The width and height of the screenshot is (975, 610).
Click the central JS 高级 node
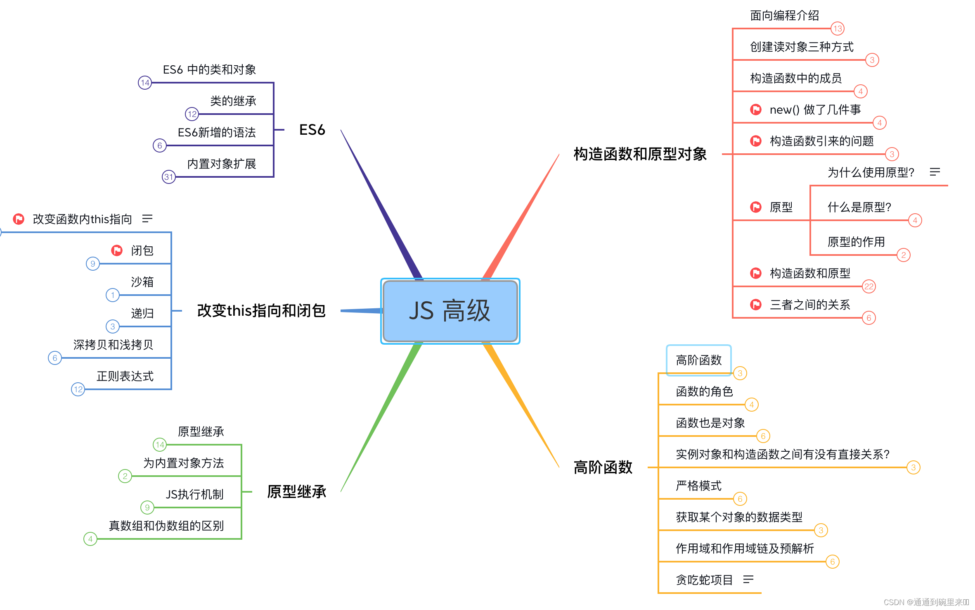pos(450,311)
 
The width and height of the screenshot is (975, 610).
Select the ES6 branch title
pos(312,130)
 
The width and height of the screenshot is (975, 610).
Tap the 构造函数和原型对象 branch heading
pos(640,154)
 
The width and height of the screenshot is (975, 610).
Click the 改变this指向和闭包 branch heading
pos(261,311)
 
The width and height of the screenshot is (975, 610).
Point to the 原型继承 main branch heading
pos(296,492)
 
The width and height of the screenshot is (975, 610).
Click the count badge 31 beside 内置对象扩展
pos(168,177)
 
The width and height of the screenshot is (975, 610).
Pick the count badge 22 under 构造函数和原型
pos(869,286)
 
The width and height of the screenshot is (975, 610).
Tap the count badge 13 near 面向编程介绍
pos(838,29)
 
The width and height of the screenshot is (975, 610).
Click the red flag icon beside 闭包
pos(117,250)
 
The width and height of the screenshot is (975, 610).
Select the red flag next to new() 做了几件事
pos(756,110)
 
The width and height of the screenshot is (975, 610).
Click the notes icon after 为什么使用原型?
pos(935,172)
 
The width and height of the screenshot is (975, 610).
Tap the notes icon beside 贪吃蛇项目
pos(748,579)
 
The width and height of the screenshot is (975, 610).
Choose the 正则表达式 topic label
pos(125,376)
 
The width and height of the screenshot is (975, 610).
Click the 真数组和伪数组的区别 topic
pos(166,526)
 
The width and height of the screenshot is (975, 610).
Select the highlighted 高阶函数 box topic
pos(698,360)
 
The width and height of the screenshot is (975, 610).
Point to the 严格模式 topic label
pos(698,486)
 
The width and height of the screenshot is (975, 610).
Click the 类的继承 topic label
pos(233,101)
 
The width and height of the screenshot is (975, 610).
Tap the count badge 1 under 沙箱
pos(113,295)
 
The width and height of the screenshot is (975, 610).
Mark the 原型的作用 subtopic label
pos(856,242)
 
